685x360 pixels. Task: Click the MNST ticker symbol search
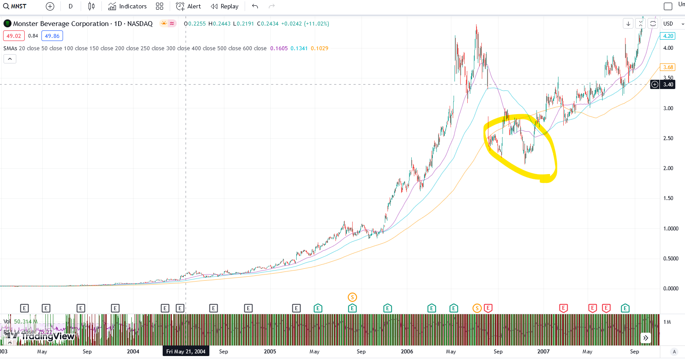15,6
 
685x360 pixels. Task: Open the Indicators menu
128,6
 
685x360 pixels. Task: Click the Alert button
189,6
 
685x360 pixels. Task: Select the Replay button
225,6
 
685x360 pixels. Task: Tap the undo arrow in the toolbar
255,6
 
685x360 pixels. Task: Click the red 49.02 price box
14,36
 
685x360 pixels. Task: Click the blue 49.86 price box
52,36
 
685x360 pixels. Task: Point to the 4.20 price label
668,36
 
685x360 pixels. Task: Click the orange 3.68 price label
668,67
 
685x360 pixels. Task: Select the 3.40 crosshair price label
668,85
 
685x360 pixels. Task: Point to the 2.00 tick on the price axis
668,168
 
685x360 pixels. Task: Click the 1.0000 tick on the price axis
670,229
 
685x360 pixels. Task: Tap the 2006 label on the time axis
407,352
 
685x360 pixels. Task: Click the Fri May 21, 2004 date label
186,352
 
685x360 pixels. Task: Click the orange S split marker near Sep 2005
352,297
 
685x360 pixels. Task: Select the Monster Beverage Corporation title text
61,24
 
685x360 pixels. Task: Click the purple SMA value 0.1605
279,48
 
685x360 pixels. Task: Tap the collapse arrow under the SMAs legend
10,59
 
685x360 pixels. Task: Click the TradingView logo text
48,337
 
